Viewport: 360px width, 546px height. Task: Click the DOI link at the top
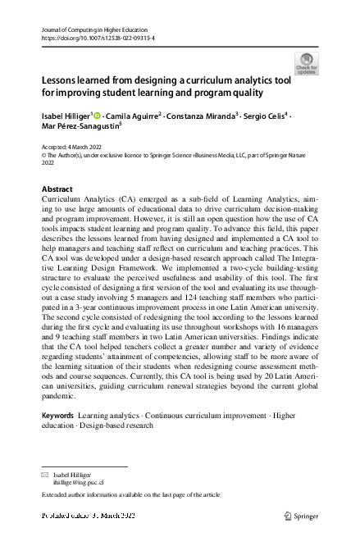click(98, 39)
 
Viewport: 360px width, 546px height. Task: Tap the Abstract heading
click(57, 189)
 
